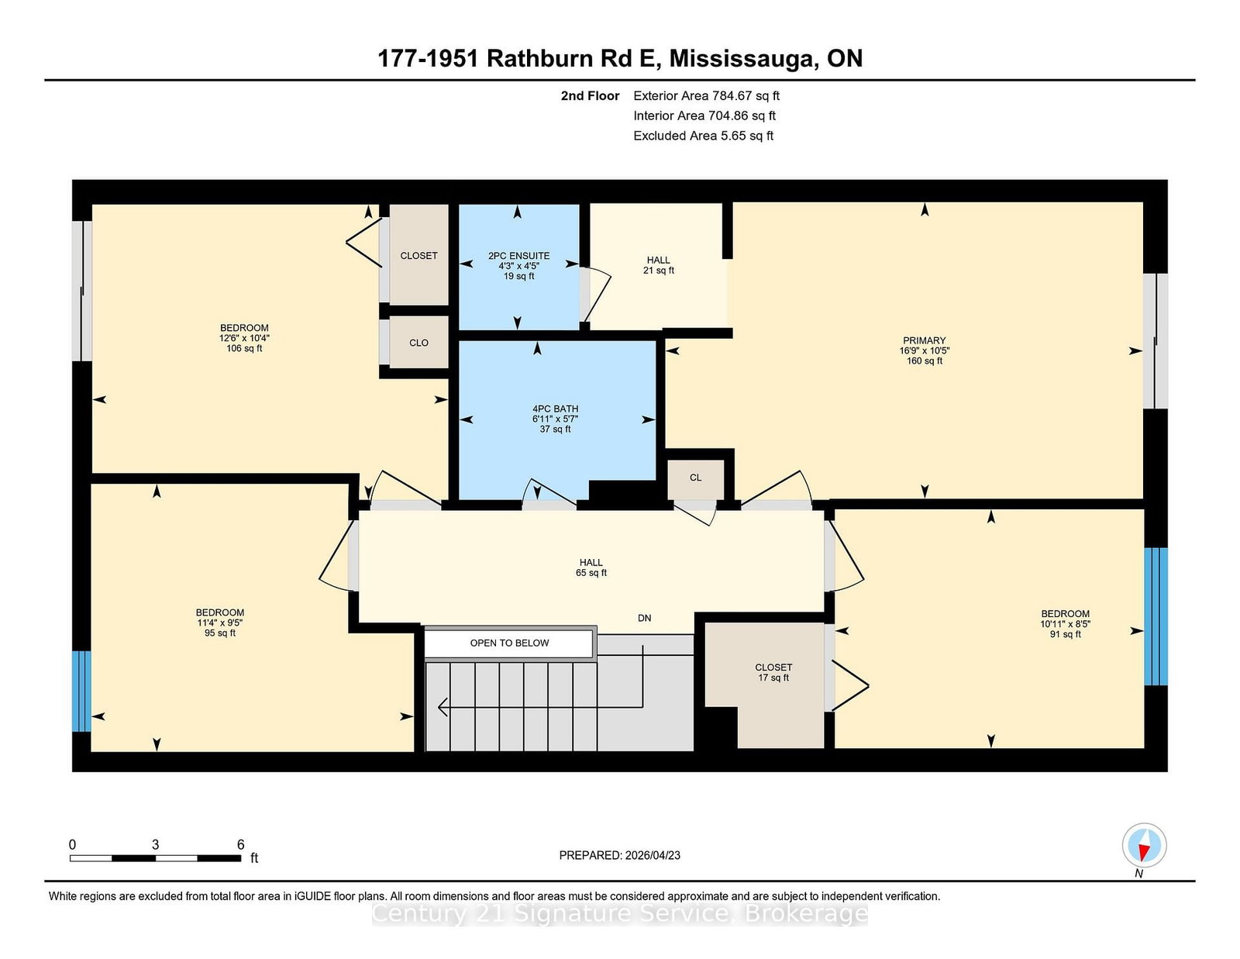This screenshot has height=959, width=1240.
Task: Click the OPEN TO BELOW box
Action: point(509,643)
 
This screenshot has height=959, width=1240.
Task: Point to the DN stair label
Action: point(644,618)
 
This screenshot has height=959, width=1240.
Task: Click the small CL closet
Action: point(695,478)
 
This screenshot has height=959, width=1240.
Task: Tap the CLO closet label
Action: point(418,343)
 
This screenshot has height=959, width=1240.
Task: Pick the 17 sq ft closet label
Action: point(773,672)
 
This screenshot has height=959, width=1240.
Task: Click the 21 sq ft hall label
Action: point(658,265)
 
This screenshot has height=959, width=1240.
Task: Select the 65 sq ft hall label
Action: point(591,567)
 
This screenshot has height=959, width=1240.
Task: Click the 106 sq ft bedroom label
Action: point(244,338)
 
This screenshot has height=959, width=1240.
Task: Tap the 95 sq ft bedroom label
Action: point(220,623)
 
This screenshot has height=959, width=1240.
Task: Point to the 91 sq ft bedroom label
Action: point(1065,623)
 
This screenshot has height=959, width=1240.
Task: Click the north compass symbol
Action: point(1144,846)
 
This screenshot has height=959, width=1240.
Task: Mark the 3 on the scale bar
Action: point(155,845)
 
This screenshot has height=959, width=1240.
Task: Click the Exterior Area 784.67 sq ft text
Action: point(706,96)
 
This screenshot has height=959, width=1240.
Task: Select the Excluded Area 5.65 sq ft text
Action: point(703,136)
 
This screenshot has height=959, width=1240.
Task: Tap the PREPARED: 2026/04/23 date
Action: point(619,855)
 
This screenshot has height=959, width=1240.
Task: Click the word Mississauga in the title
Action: point(742,59)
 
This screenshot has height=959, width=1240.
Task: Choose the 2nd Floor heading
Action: point(590,96)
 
